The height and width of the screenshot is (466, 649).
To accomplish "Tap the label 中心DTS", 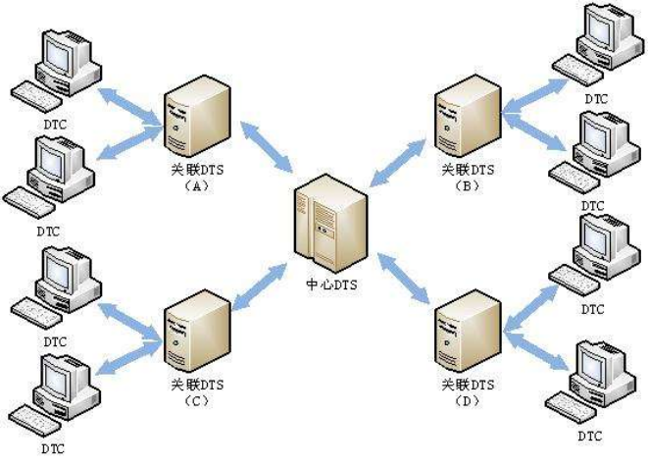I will pos(326,284).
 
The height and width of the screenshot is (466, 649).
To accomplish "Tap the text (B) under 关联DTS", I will pos(467,183).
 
